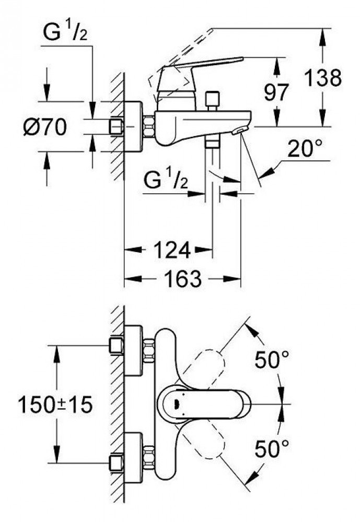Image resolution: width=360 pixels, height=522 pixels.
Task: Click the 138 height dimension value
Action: click(x=323, y=78)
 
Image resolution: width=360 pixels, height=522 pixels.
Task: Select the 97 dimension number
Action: click(x=276, y=92)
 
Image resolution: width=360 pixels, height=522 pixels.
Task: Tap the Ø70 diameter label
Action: click(x=45, y=127)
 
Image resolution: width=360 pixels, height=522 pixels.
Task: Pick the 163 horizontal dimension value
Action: click(x=183, y=278)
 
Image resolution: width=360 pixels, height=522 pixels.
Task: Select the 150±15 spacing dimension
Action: click(x=55, y=405)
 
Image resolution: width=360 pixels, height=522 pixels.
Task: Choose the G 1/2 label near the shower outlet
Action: click(x=166, y=180)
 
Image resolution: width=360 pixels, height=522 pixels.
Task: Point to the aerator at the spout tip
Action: click(x=240, y=130)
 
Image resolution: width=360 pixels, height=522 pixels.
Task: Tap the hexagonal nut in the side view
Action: click(x=149, y=126)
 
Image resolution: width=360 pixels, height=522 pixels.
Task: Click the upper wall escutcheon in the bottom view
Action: click(x=133, y=350)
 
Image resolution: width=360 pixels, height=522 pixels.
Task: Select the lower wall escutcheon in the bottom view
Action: click(x=133, y=458)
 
